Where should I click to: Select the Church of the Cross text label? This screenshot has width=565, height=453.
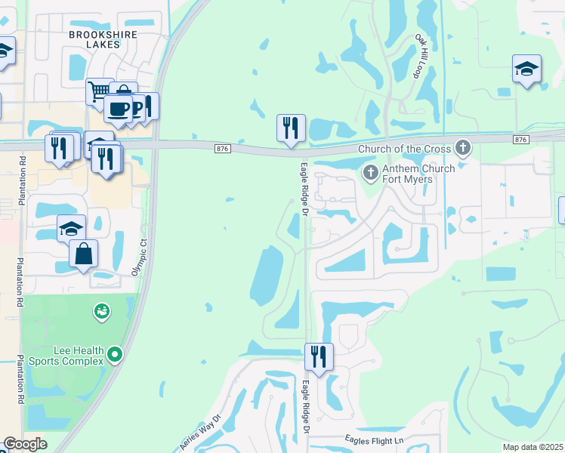[x=405, y=149]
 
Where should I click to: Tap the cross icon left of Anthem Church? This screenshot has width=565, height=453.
[x=370, y=173]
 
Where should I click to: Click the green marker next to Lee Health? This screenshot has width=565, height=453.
[x=115, y=353]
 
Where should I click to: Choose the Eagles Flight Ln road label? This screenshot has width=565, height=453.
[x=375, y=439]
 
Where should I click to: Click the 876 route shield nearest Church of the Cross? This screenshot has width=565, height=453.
[x=520, y=140]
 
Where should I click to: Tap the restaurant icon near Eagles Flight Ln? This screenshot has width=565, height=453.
[x=318, y=357]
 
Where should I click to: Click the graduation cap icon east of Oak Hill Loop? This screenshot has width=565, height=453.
[x=526, y=70]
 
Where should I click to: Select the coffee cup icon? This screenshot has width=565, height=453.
[x=118, y=109]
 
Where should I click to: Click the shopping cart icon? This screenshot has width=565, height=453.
[x=99, y=92]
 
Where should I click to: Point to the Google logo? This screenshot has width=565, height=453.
[x=26, y=444]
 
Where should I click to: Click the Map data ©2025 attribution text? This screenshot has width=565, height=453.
[x=533, y=447]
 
